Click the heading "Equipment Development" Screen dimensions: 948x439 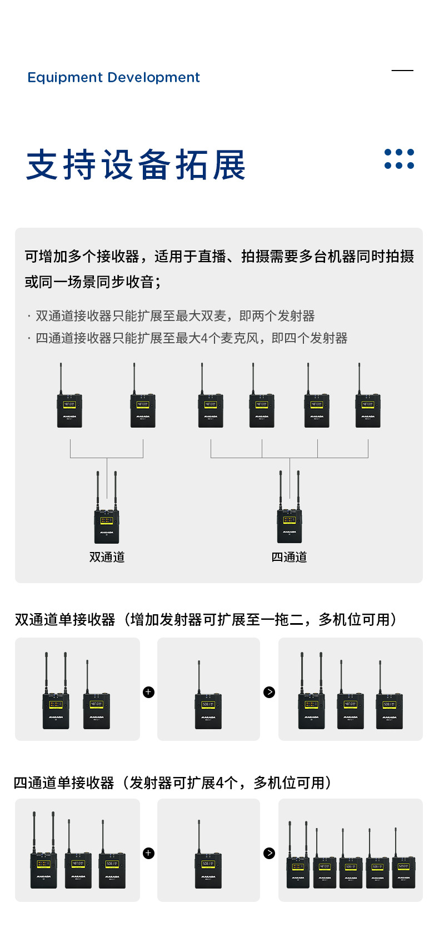tap(113, 77)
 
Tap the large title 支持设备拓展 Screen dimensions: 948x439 tap(136, 165)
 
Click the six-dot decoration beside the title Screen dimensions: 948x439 tap(399, 159)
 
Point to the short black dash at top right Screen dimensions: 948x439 tap(402, 71)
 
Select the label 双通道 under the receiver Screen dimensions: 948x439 tap(107, 557)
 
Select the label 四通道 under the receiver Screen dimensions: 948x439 tap(289, 557)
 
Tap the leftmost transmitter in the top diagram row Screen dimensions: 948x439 tap(69, 410)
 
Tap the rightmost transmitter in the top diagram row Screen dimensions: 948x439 tap(368, 410)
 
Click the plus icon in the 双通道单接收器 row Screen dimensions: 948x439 tap(148, 692)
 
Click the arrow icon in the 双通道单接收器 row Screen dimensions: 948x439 tap(270, 692)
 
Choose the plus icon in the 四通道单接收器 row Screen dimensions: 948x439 tap(148, 853)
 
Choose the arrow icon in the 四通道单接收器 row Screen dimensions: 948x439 tap(270, 853)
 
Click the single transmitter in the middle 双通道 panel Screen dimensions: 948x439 tap(208, 710)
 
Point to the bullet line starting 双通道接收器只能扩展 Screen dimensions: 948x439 tap(172, 316)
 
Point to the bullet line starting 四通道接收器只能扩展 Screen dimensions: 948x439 tap(189, 338)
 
